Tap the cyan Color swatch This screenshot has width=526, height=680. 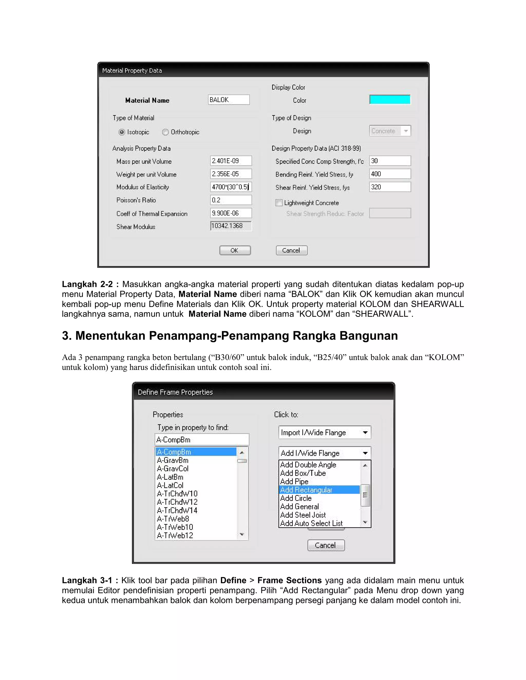click(x=390, y=100)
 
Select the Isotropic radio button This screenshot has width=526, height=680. click(x=122, y=132)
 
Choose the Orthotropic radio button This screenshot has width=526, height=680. click(x=165, y=132)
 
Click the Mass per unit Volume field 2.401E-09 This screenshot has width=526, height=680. click(x=231, y=161)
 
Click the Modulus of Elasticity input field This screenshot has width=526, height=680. click(x=231, y=187)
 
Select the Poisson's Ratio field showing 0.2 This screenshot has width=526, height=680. click(x=231, y=200)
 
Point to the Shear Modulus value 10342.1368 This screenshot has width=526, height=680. click(x=231, y=226)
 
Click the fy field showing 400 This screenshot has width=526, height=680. click(x=390, y=174)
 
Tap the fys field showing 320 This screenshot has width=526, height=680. click(x=390, y=187)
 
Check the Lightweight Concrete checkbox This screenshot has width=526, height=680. click(x=279, y=203)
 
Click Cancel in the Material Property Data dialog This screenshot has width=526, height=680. click(x=291, y=250)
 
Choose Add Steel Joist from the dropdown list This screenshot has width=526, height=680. click(x=303, y=515)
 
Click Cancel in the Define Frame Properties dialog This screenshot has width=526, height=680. click(x=326, y=545)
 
